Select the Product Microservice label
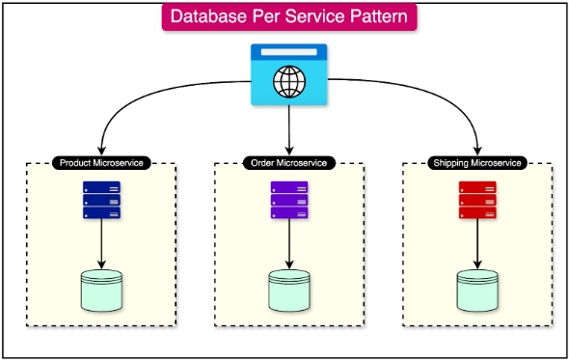(x=101, y=163)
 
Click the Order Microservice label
(x=289, y=163)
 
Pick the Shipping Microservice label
(x=476, y=163)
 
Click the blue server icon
(x=101, y=201)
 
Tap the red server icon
(x=476, y=201)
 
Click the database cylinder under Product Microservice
(x=101, y=290)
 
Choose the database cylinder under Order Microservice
(x=289, y=290)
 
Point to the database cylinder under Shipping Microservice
(x=476, y=290)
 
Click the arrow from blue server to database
(x=101, y=244)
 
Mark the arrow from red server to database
(x=476, y=244)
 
